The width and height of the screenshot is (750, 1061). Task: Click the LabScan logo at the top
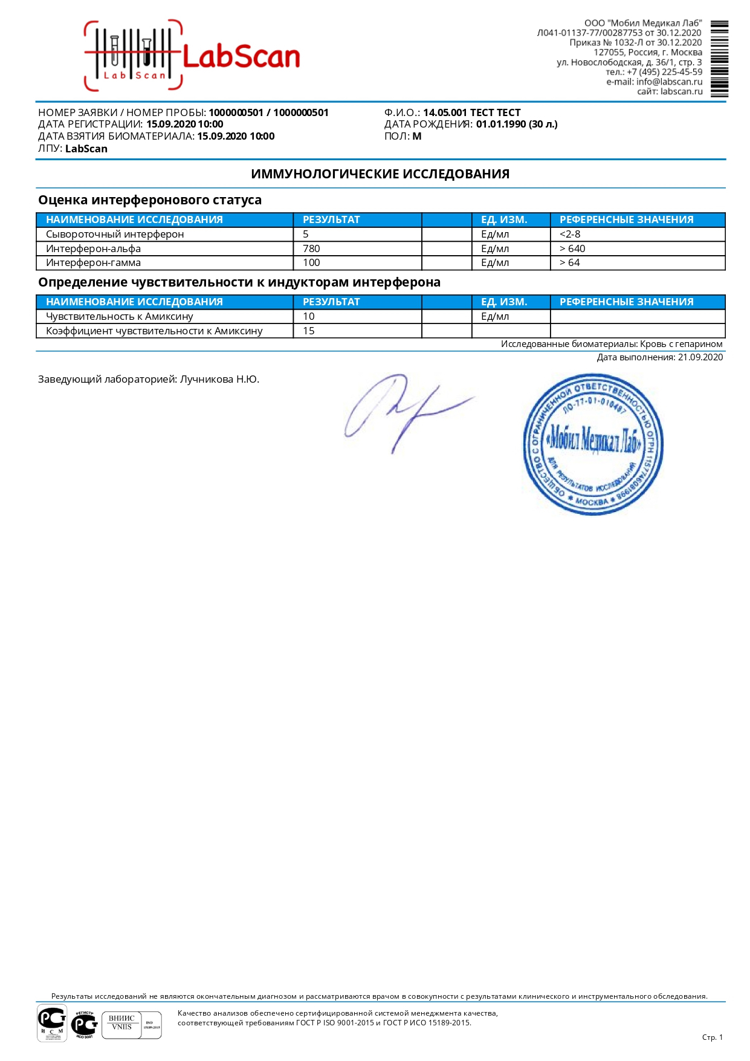[x=192, y=56]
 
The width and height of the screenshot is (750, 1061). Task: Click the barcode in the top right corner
[x=719, y=59]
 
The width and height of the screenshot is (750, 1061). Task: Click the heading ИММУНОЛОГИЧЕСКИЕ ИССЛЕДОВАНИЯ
[x=380, y=174]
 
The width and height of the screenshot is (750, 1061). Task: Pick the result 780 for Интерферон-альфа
[x=311, y=248]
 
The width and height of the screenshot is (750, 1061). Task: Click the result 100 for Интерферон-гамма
[x=311, y=263]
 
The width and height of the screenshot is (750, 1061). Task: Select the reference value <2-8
[x=570, y=234]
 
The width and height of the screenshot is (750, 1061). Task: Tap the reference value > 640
[x=572, y=248]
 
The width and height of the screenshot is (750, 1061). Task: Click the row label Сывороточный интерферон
[x=115, y=234]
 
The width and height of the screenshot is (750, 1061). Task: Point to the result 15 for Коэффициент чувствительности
[x=309, y=331]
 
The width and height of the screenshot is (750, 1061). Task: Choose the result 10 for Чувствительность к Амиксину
[x=309, y=316]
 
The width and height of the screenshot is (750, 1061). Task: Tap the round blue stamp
[x=593, y=444]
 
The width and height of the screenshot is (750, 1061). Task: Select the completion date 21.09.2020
[x=700, y=357]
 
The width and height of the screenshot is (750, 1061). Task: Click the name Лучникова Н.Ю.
[x=219, y=380]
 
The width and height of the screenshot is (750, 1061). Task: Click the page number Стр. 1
[x=712, y=1037]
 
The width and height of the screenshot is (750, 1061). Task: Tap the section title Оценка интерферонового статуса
[x=150, y=200]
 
